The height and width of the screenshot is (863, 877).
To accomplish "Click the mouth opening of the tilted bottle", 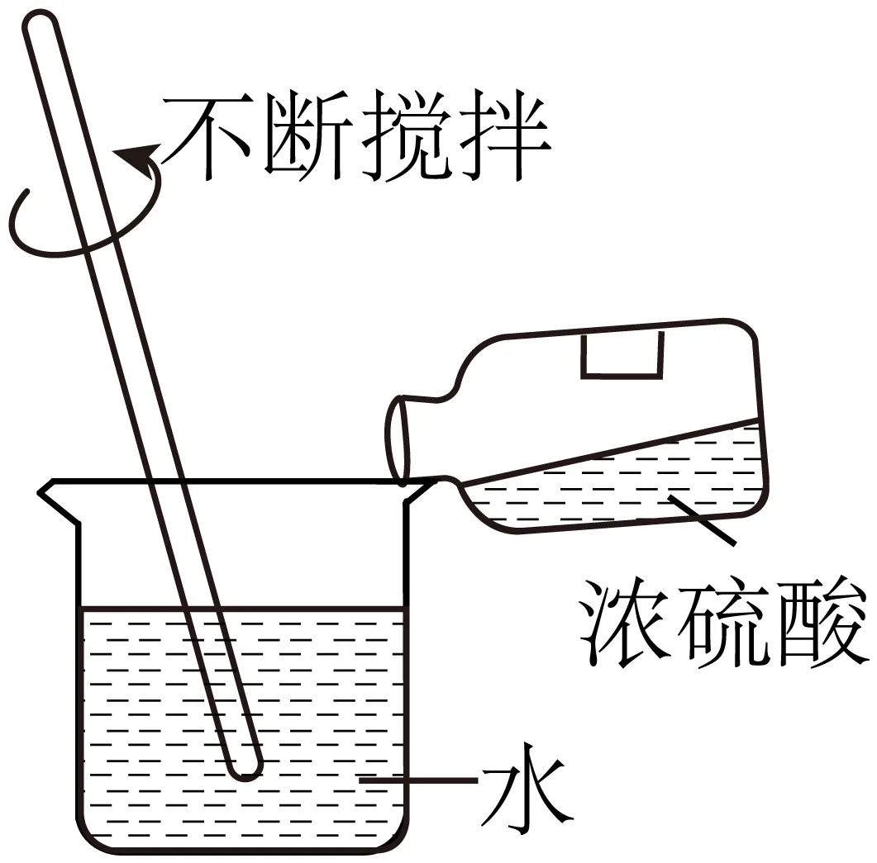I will pos(398,438).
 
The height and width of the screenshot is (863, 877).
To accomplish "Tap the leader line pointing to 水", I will pos(422,780).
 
